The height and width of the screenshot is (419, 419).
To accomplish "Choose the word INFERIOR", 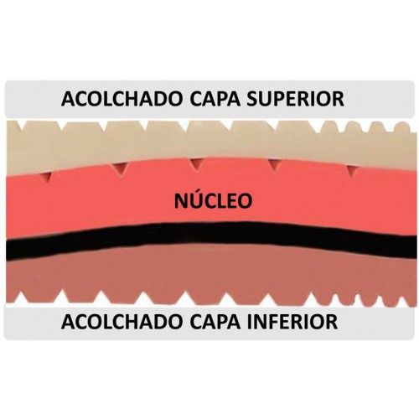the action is click(292, 322).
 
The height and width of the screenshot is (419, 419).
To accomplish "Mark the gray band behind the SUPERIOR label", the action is click(209, 98).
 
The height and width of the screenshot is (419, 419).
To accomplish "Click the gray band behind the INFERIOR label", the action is click(209, 322).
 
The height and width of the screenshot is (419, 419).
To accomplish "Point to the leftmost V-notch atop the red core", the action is click(49, 177).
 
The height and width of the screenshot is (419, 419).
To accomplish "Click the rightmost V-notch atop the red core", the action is click(353, 170).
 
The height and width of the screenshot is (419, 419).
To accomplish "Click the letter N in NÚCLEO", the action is click(182, 201).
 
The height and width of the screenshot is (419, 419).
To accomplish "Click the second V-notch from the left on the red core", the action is click(122, 169).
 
